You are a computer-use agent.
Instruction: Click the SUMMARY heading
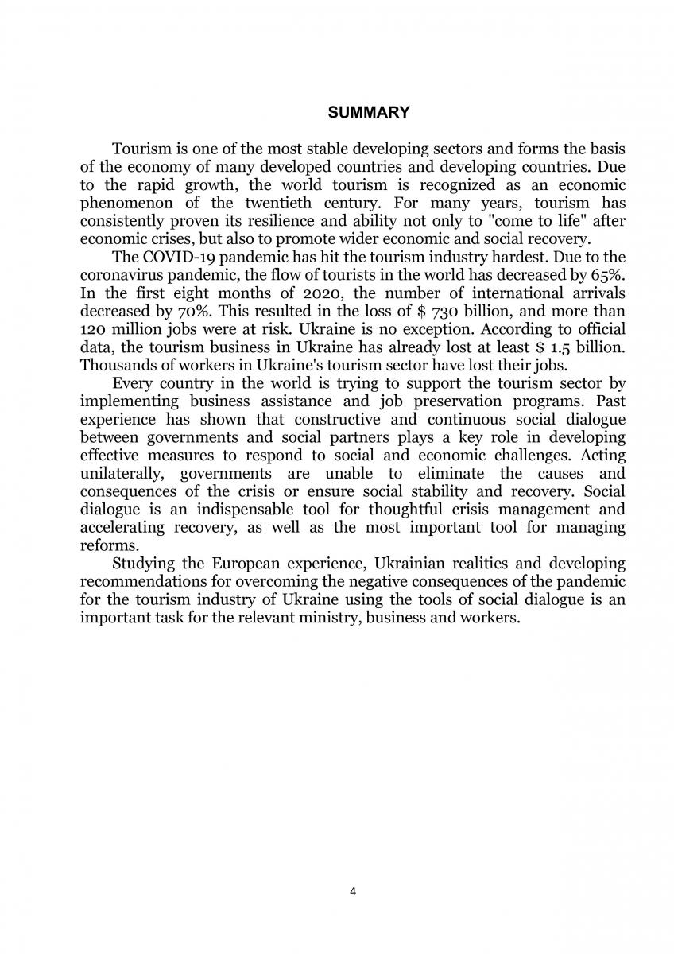369,113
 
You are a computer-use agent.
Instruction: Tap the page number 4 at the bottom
353,891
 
